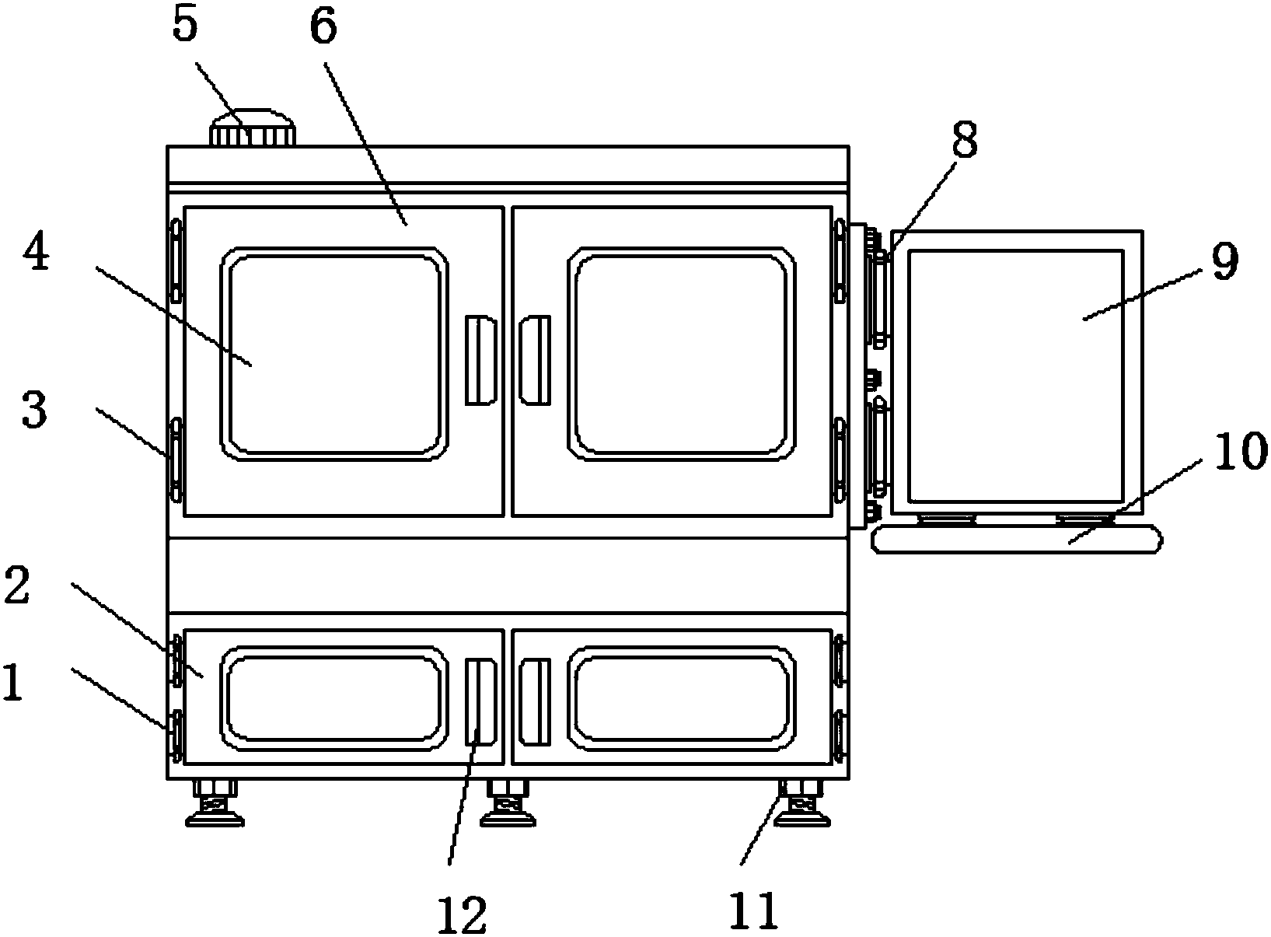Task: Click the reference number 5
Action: click(186, 26)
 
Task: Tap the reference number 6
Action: click(323, 27)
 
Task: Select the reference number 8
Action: click(965, 140)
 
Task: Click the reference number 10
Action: click(1241, 451)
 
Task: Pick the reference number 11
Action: click(753, 911)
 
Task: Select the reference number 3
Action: click(34, 411)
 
